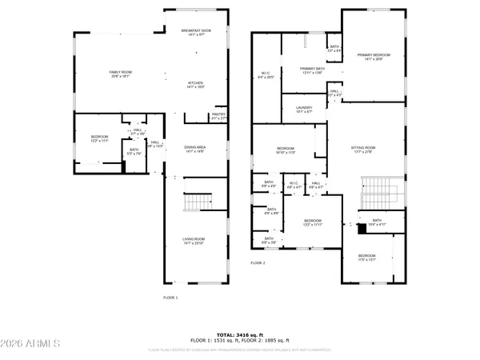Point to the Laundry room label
click(304, 109)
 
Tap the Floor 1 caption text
click(170, 298)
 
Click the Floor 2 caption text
click(258, 263)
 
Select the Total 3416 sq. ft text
click(240, 334)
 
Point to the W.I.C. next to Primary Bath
click(266, 76)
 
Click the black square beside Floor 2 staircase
click(348, 226)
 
